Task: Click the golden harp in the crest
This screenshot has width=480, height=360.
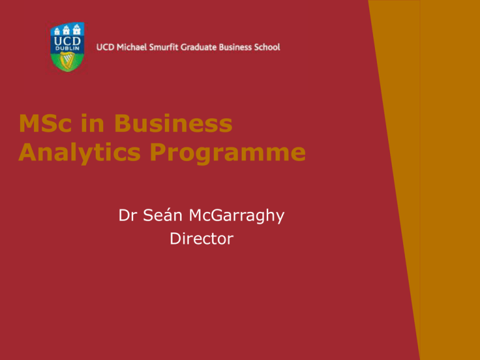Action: [x=66, y=61]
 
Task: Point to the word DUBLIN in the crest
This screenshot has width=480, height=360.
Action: [x=66, y=50]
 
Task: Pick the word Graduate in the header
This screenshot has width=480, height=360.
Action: [x=209, y=47]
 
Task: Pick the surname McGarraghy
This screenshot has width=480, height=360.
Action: [x=239, y=216]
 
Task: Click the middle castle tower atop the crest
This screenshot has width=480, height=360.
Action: [x=66, y=28]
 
